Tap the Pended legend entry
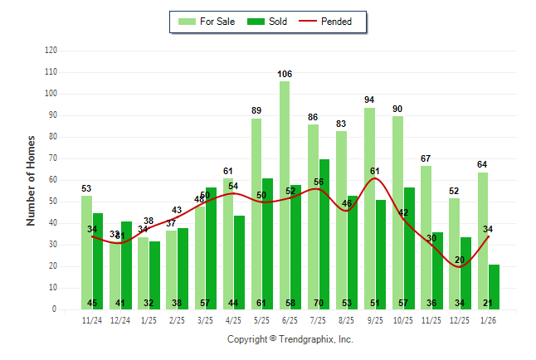(331, 22)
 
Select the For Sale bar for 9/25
(369, 208)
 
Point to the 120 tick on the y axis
(51, 51)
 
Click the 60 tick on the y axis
(53, 180)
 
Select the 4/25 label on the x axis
(233, 319)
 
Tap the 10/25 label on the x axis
(403, 319)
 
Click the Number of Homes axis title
(31, 180)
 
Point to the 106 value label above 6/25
(285, 75)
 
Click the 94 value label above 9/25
(369, 100)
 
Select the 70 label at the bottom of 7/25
(319, 303)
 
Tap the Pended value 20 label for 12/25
(460, 260)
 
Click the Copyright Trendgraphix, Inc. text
(290, 339)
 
